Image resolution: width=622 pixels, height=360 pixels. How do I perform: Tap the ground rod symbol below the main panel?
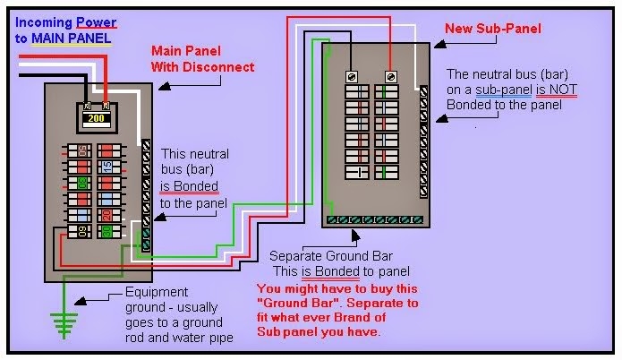63,326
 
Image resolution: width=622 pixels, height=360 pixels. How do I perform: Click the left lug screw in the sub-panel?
352,76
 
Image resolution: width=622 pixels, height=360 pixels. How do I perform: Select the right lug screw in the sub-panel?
390,76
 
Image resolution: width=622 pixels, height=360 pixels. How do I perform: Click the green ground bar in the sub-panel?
377,218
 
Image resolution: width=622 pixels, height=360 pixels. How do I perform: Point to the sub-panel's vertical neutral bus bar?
422,142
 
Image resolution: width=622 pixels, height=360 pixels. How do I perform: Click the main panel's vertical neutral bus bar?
146,193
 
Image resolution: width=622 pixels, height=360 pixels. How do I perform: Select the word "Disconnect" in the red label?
220,67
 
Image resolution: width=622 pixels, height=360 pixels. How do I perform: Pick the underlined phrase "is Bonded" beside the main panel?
189,187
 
